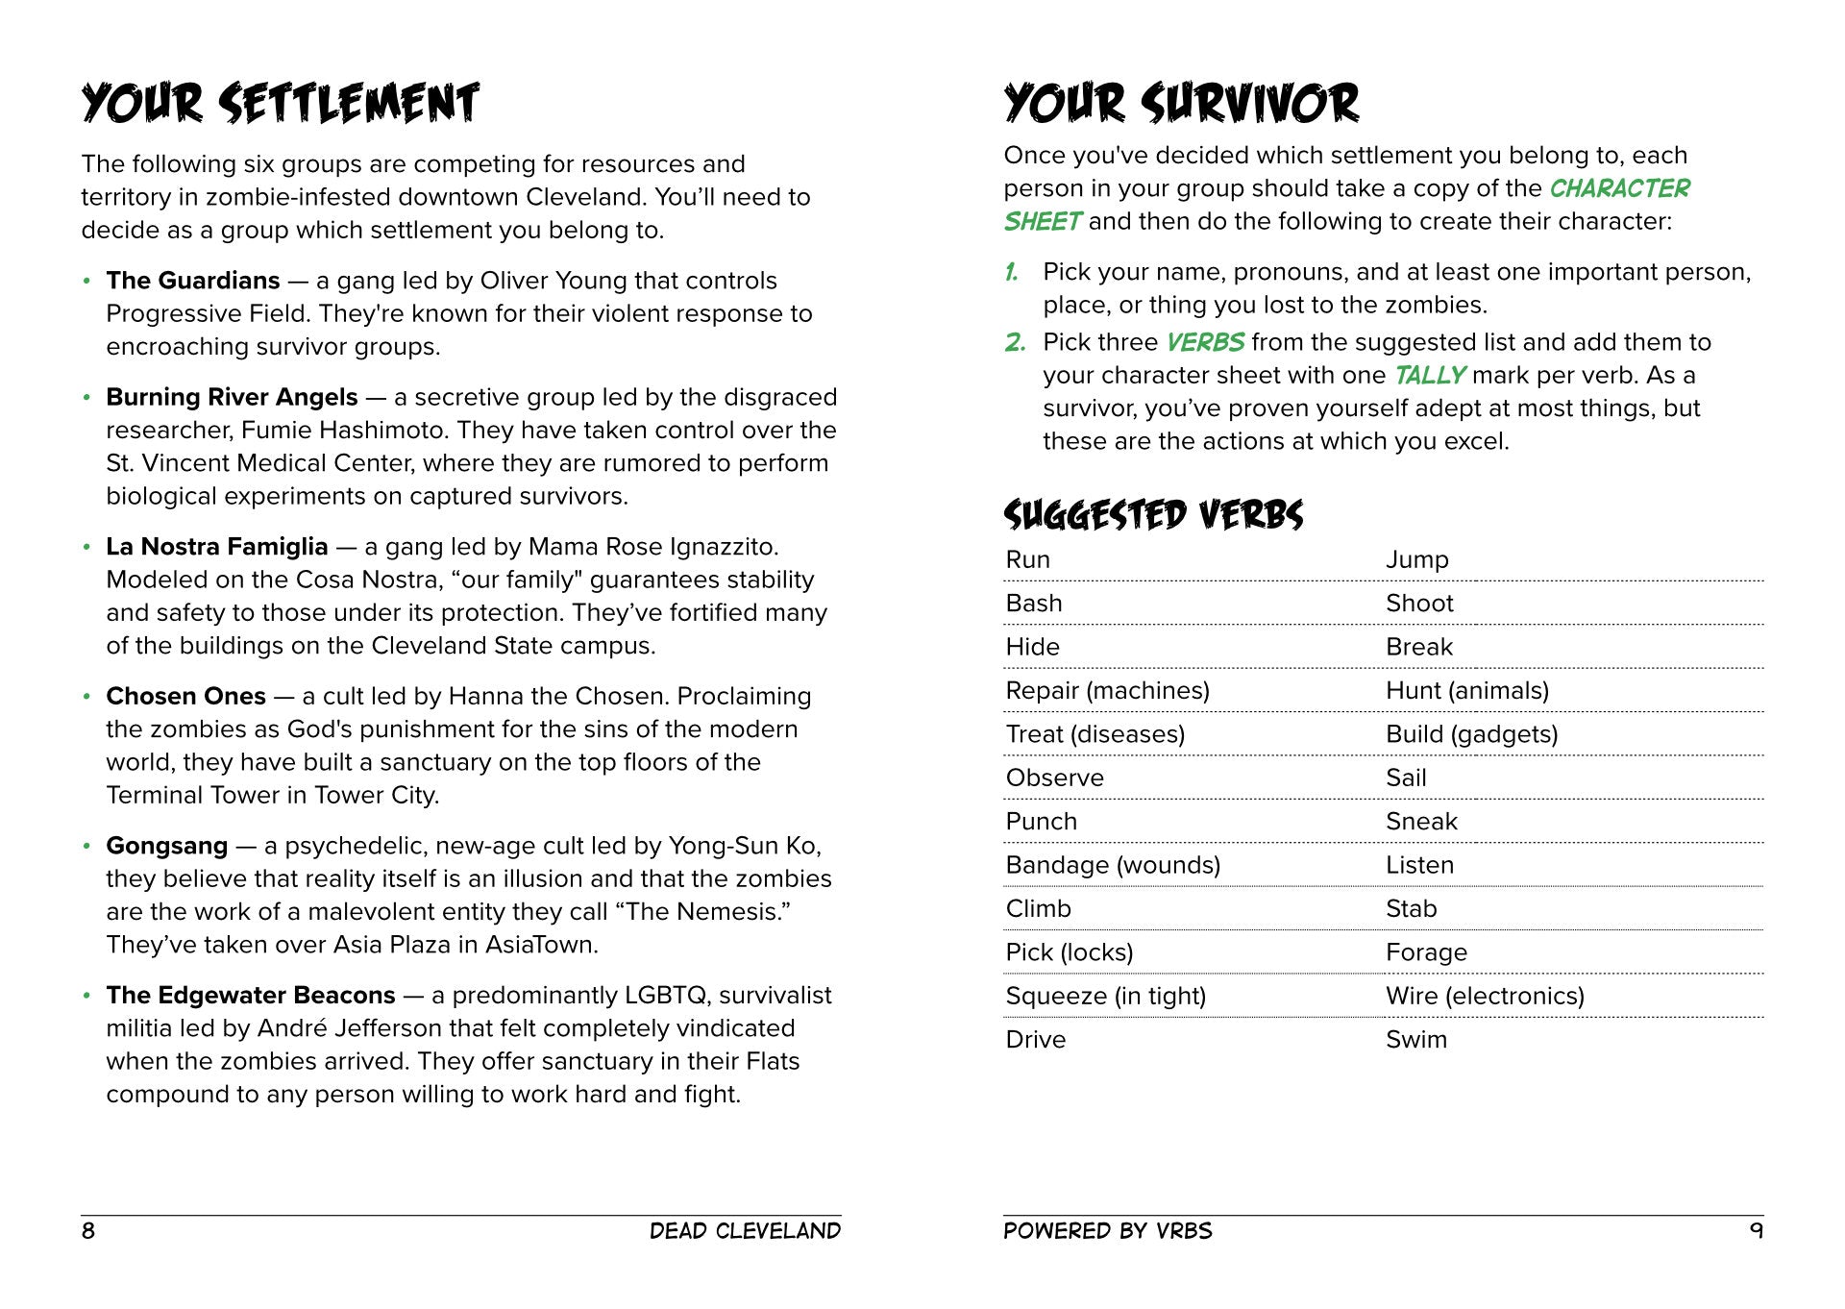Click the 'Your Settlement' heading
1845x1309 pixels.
[x=280, y=104]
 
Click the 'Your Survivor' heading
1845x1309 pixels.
[x=1181, y=104]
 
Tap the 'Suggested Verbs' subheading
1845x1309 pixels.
[x=1153, y=515]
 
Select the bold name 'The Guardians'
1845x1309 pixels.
[x=193, y=281]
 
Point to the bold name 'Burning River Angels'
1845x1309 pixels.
[x=232, y=397]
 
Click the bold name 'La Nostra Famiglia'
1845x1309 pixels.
[x=217, y=547]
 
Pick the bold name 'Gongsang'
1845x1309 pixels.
[x=167, y=846]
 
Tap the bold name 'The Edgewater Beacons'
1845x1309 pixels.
[x=251, y=995]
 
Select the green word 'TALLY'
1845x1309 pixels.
[x=1429, y=375]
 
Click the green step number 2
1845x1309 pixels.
[x=1015, y=342]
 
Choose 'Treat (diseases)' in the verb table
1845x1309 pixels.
[x=1095, y=734]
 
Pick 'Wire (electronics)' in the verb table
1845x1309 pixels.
[x=1485, y=996]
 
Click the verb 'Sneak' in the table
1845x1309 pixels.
[x=1421, y=822]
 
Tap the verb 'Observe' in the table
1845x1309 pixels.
[x=1054, y=778]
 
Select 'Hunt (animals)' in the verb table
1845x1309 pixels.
[x=1466, y=690]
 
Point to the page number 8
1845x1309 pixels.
[x=88, y=1231]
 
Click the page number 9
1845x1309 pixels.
[x=1757, y=1231]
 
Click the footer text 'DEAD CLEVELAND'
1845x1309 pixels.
[x=745, y=1231]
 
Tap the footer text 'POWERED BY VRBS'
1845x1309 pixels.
[x=1107, y=1231]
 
